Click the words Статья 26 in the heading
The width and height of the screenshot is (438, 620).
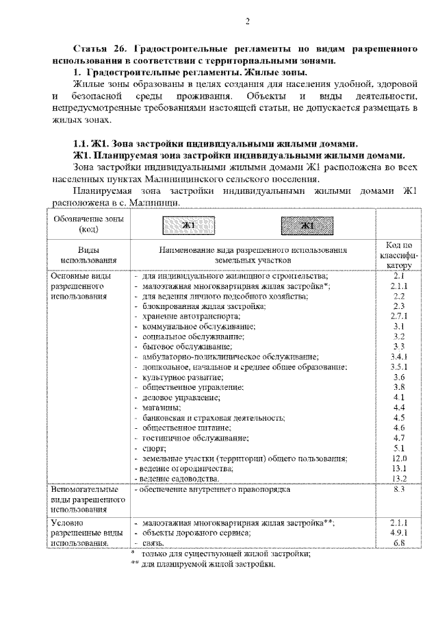pos(99,51)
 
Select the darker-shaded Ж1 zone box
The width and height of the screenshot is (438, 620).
pos(307,225)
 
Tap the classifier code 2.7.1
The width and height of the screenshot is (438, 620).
pos(400,316)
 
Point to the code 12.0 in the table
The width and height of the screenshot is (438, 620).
pos(400,458)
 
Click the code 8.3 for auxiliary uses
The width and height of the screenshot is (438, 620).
pos(400,490)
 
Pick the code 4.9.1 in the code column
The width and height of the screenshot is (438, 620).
pos(400,532)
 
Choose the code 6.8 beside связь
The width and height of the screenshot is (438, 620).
pos(400,543)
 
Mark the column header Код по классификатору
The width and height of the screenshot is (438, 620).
pos(400,255)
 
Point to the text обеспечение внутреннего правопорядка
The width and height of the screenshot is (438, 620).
pos(215,490)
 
